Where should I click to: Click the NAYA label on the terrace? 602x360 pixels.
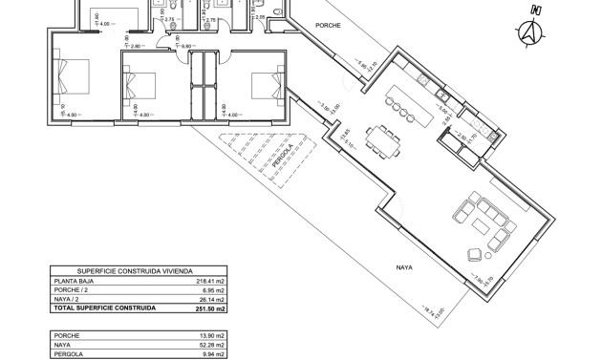coord(402,267)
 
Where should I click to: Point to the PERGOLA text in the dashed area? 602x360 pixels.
coord(278,155)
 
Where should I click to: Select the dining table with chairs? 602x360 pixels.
coord(387,144)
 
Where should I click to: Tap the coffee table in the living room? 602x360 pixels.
coord(476,222)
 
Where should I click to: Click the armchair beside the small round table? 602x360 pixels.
coord(475,253)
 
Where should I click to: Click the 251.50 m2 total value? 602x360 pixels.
coord(209,309)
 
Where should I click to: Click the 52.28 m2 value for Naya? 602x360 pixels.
coord(212,345)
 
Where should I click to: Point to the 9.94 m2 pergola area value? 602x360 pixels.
coord(213,354)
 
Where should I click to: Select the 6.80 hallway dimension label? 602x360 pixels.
coord(135,45)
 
